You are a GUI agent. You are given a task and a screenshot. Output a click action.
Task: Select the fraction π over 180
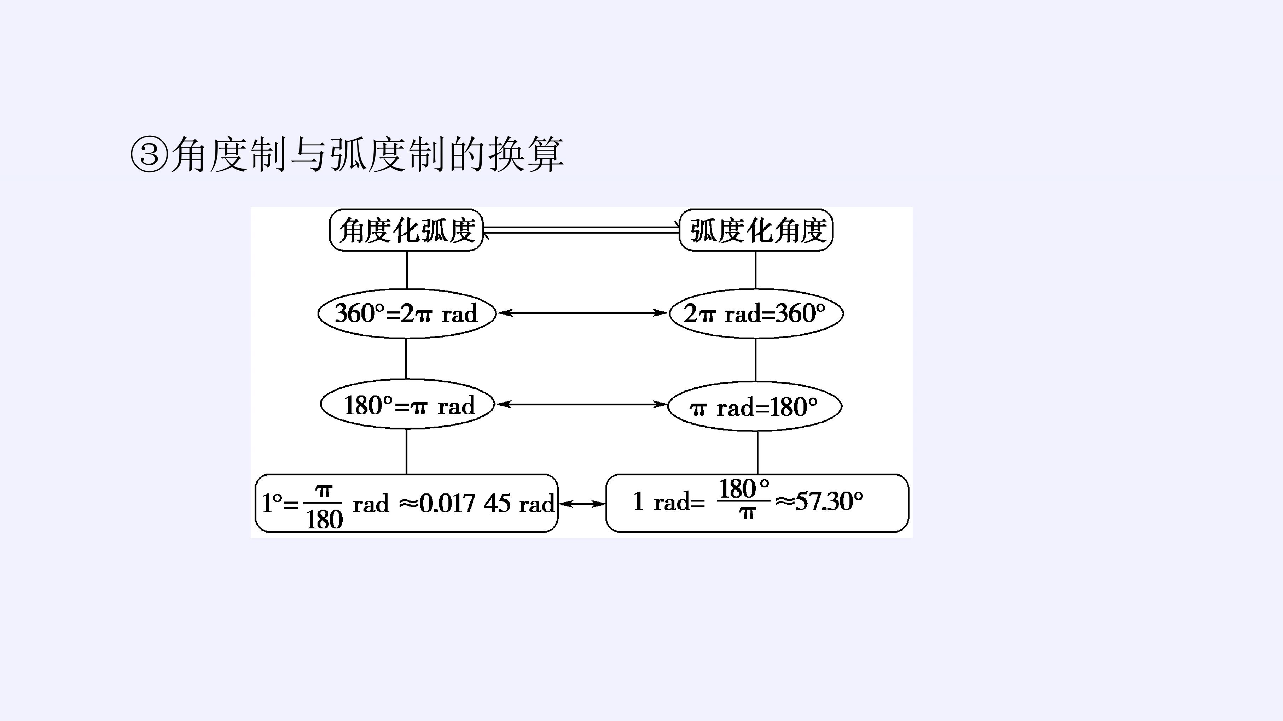[324, 507]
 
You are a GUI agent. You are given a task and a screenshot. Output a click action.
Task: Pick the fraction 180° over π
[744, 498]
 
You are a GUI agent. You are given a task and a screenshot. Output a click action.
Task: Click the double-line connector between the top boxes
[582, 230]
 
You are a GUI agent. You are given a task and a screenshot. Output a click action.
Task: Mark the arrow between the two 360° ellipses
[582, 313]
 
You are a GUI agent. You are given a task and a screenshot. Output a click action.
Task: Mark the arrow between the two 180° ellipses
[582, 404]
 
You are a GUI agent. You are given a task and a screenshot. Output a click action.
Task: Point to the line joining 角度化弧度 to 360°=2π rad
[407, 270]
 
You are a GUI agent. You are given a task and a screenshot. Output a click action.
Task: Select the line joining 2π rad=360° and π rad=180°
[756, 360]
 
